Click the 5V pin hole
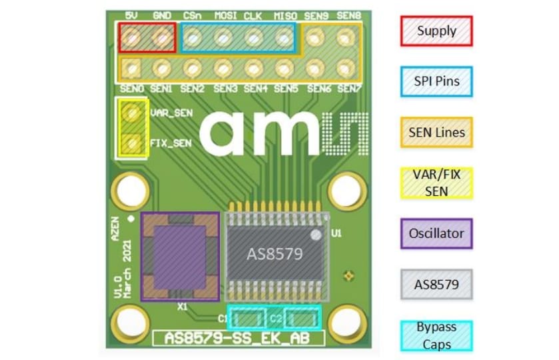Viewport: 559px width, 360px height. (x=131, y=38)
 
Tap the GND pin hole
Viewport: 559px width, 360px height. (x=162, y=38)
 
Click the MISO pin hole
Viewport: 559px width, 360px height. (x=284, y=38)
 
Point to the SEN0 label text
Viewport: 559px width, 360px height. (x=132, y=88)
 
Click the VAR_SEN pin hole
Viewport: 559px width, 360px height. (x=133, y=113)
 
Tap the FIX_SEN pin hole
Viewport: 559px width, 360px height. (x=133, y=142)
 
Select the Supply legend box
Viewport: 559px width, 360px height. (x=436, y=31)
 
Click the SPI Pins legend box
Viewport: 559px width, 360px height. (x=436, y=81)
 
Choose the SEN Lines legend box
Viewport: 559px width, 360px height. (x=436, y=133)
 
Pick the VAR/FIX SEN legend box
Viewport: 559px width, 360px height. (x=436, y=183)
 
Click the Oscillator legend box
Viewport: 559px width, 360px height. (x=436, y=234)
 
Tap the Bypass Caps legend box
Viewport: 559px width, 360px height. (x=436, y=336)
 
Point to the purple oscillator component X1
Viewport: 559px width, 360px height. (x=180, y=257)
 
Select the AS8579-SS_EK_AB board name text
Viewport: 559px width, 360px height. (x=239, y=338)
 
